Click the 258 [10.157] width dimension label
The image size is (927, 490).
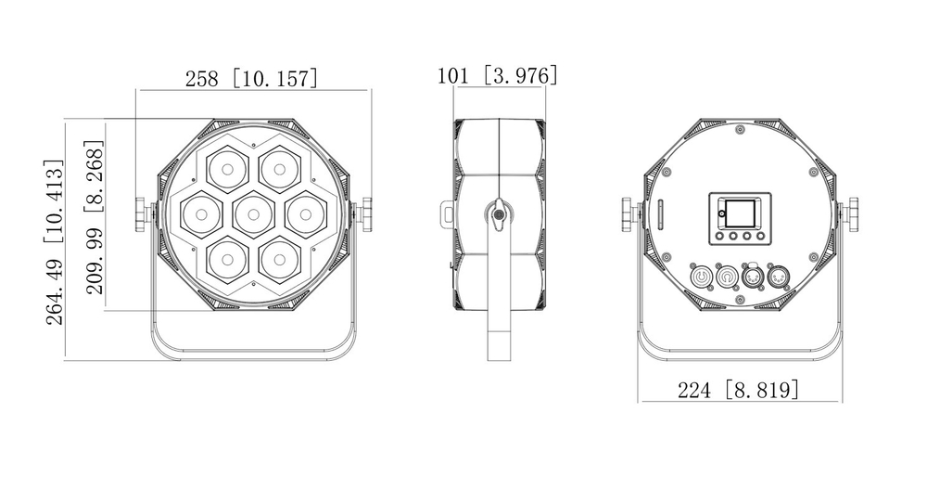(251, 78)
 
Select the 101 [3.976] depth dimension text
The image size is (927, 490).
(498, 75)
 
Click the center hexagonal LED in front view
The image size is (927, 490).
(252, 214)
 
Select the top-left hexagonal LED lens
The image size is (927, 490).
(226, 170)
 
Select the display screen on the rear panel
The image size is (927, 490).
(739, 213)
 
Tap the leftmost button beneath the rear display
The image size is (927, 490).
(718, 237)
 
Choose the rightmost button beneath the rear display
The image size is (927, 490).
(760, 237)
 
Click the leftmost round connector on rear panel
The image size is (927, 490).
(702, 277)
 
